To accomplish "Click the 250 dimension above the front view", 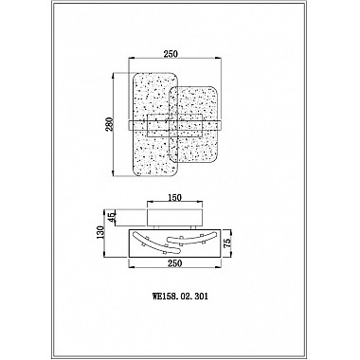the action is pos(171,54).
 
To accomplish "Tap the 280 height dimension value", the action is pos(109,124).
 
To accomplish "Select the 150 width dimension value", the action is pos(174,198).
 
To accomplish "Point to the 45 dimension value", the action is pos(112,218).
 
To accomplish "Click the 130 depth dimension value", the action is pos(100,233).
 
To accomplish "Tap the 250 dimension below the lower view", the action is pos(175,263).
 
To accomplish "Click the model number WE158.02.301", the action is pos(180,297).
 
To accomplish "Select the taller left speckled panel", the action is pos(154,124).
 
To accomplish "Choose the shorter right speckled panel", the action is pos(193,124).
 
